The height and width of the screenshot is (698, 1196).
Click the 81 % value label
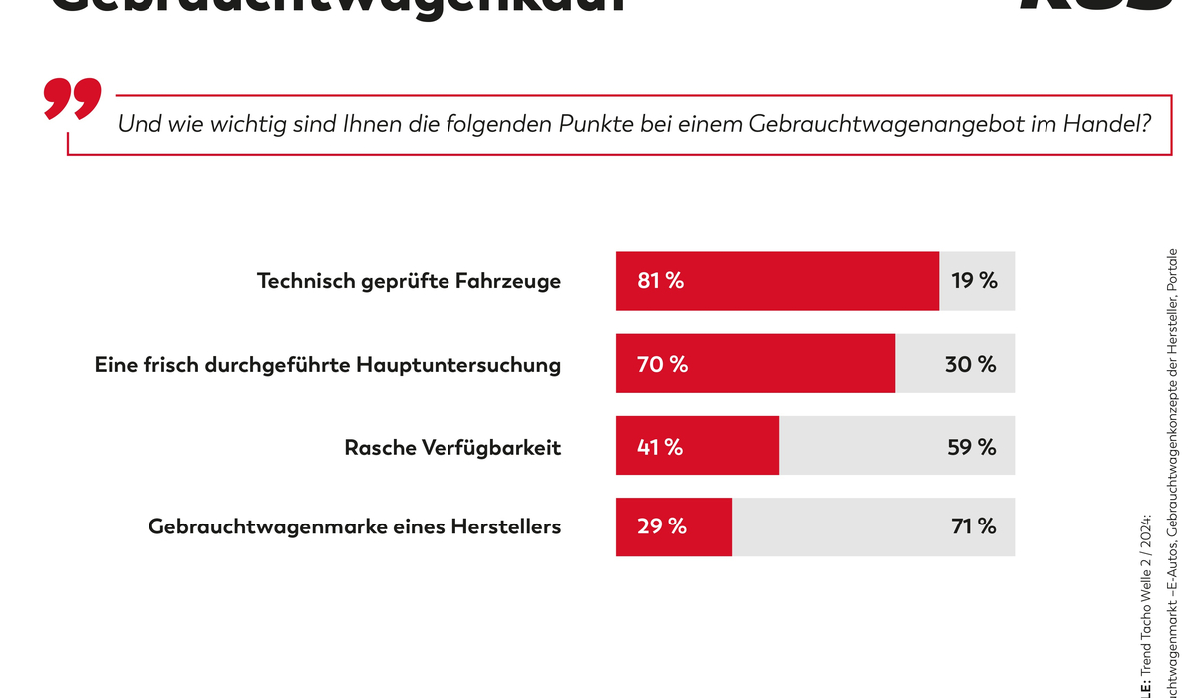pos(661,281)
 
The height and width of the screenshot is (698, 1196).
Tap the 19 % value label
pos(974,281)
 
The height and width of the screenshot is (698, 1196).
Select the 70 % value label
pos(662,364)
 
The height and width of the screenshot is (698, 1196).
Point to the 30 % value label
pos(971,364)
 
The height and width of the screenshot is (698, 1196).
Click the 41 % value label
pos(660,447)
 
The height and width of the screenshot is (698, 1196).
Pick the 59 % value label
pos(972,447)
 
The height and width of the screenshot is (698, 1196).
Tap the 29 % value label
pos(662,526)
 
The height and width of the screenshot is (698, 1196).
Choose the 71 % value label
pos(974,526)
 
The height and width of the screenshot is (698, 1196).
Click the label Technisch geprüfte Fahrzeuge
pos(409,282)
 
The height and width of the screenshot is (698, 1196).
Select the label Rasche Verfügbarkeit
pos(452,448)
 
